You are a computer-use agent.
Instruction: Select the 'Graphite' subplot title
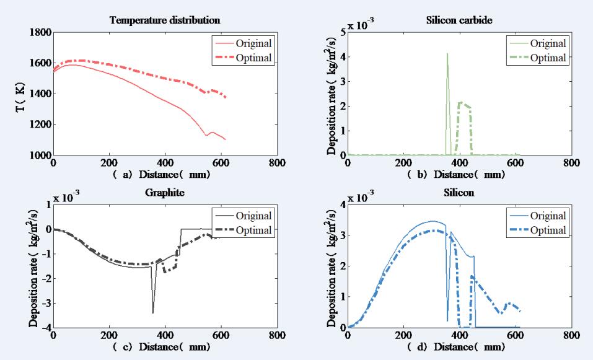pos(165,193)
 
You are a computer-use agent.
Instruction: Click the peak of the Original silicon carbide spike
pos(447,54)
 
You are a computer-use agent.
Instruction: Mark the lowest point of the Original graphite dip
pos(152,312)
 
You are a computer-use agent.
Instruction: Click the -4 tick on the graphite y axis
pos(45,328)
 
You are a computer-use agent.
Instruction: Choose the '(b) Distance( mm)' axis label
pos(459,175)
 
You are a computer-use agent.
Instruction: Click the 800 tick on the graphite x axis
pos(277,336)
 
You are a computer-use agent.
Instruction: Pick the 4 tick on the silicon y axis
pos(341,204)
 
